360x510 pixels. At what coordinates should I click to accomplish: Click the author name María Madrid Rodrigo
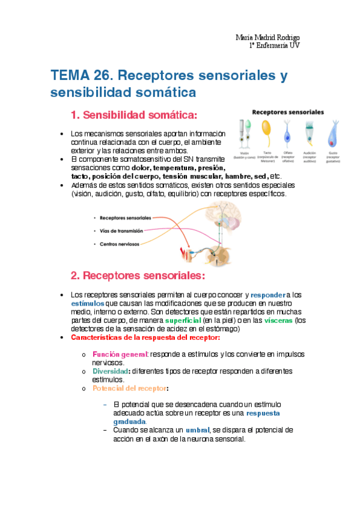pyautogui.click(x=267, y=37)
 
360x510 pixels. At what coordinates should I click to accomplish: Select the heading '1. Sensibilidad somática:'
pyautogui.click(x=134, y=115)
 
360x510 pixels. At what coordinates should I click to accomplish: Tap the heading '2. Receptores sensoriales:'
pyautogui.click(x=138, y=275)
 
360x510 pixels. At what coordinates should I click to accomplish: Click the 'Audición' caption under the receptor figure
pyautogui.click(x=310, y=153)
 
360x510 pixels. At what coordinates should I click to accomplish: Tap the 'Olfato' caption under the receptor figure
pyautogui.click(x=288, y=153)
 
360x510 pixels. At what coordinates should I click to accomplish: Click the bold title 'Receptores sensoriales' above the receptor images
pyautogui.click(x=287, y=112)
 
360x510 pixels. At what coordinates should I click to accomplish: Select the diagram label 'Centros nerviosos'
pyautogui.click(x=120, y=244)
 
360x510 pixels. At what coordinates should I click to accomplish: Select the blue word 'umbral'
pyautogui.click(x=197, y=431)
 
